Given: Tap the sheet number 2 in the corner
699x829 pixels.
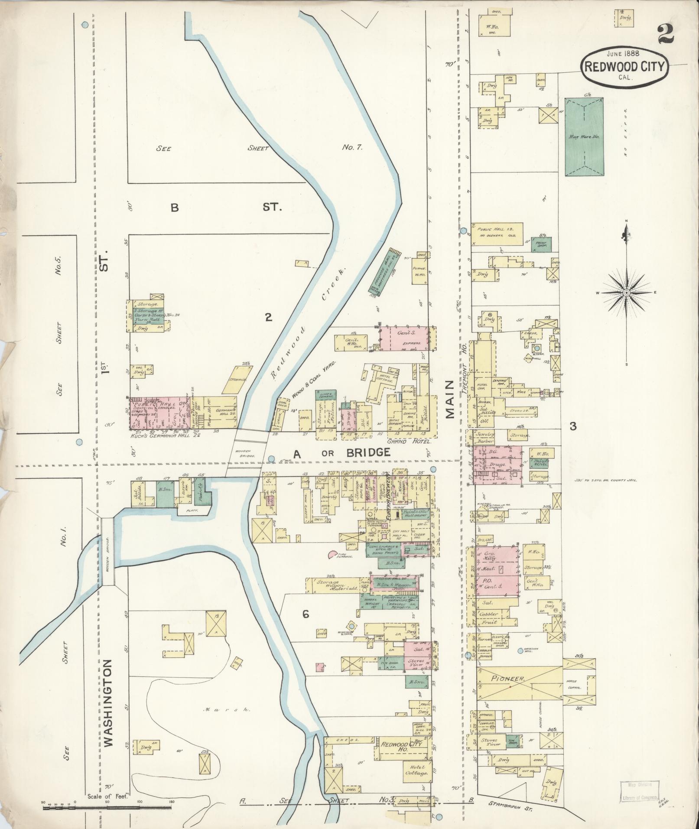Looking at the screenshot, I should click(666, 34).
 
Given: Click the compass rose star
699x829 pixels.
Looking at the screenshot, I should click(626, 293).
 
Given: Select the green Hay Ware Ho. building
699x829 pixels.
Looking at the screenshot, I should click(585, 137).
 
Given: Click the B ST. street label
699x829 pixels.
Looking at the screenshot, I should click(225, 208).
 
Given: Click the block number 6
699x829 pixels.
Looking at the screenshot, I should click(306, 614).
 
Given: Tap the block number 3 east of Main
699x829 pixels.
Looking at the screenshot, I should click(572, 426).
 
